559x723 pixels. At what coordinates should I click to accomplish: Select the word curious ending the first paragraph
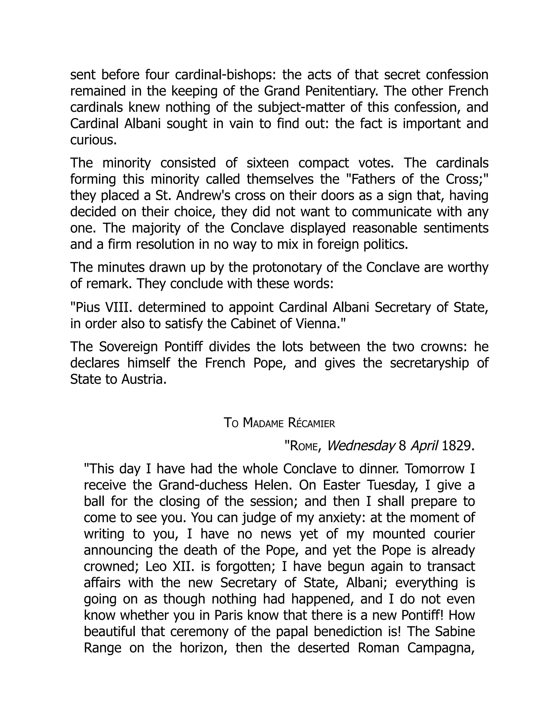[x=93, y=140]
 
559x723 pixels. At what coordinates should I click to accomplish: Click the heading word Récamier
[x=311, y=423]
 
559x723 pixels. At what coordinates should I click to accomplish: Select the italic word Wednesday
[x=361, y=446]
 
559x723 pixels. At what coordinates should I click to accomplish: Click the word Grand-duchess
[x=203, y=485]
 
